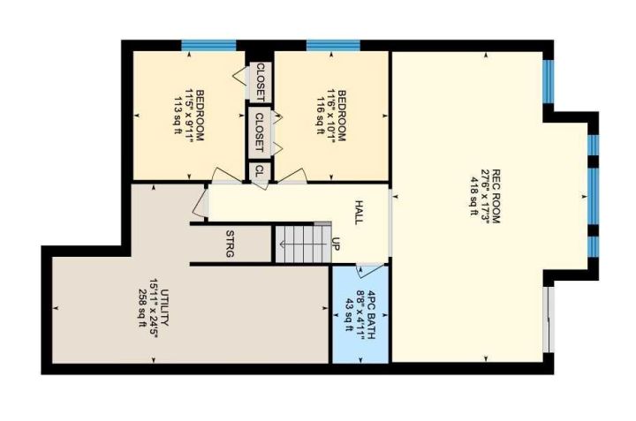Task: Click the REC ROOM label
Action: [x=496, y=196]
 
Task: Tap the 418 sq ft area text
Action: [x=473, y=196]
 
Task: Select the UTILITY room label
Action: [x=164, y=307]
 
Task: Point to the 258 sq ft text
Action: [x=142, y=308]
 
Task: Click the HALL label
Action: [x=359, y=212]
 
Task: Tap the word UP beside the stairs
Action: [x=336, y=243]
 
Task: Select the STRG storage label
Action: [x=230, y=244]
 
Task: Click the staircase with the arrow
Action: [x=303, y=244]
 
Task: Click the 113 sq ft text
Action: [x=178, y=115]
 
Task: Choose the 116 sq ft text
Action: [x=319, y=115]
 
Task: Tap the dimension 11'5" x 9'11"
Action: [x=189, y=115]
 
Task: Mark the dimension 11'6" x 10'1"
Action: [x=330, y=115]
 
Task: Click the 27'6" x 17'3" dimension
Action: [x=485, y=196]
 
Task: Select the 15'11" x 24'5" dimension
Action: [x=154, y=308]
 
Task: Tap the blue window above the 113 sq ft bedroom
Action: [x=208, y=45]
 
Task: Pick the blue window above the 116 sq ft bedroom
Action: [x=333, y=45]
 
